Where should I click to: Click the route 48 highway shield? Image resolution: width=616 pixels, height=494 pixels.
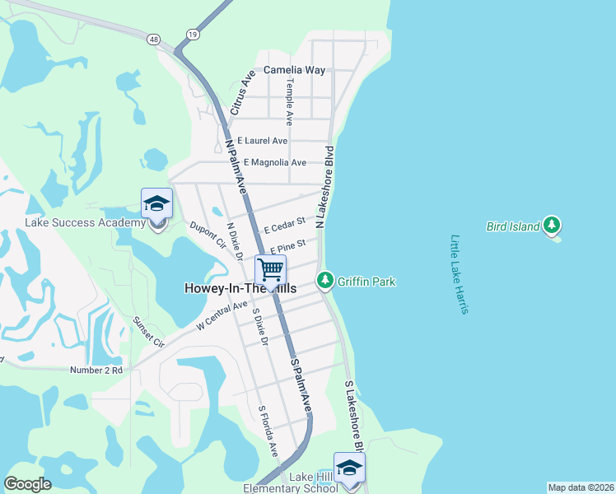tap(154, 39)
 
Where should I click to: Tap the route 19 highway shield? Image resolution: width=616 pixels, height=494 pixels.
tap(192, 35)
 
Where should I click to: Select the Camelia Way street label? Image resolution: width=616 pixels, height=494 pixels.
tap(294, 70)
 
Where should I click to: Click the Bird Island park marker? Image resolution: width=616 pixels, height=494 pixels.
tap(552, 225)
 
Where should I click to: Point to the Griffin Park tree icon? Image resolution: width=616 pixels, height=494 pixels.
tap(325, 281)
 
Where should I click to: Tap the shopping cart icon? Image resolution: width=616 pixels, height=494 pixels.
tap(269, 269)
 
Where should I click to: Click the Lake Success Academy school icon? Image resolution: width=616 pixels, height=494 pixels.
tap(156, 203)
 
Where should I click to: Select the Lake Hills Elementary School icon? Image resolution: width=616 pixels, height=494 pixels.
tap(349, 468)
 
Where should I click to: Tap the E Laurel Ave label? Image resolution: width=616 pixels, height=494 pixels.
tap(262, 142)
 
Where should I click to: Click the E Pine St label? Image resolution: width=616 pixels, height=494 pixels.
tap(287, 245)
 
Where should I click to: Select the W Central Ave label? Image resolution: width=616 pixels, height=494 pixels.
tap(222, 316)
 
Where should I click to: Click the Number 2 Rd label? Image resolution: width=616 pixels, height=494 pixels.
tap(96, 370)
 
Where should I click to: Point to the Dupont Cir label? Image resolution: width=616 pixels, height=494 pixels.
tap(208, 234)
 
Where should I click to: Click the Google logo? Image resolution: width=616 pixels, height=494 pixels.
tap(27, 484)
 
